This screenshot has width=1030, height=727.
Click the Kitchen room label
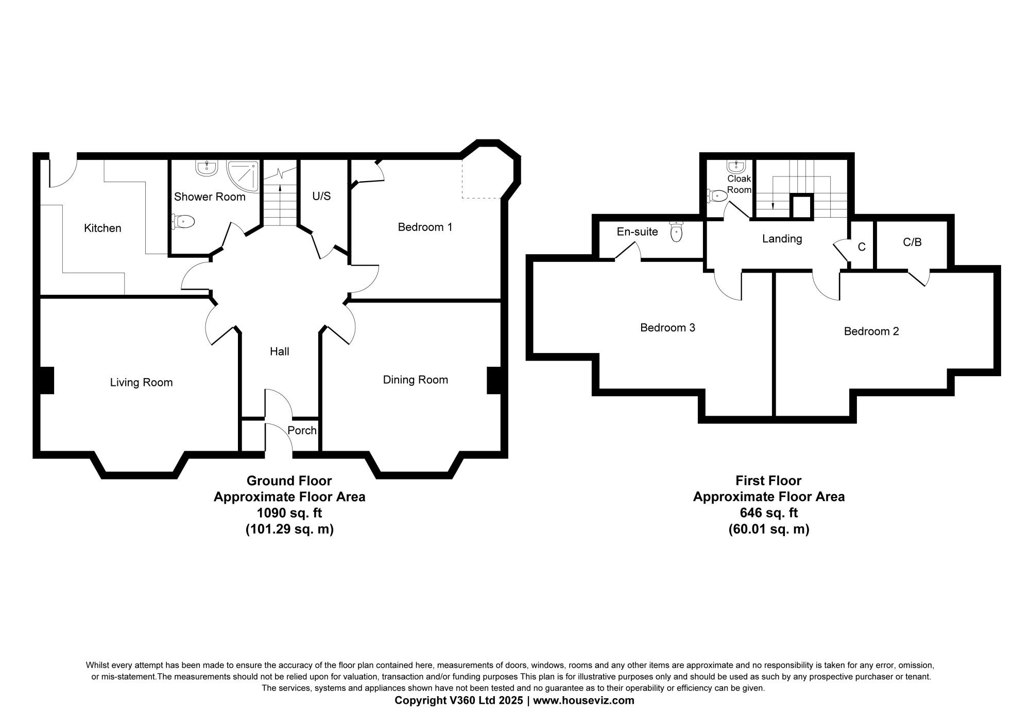click(x=102, y=228)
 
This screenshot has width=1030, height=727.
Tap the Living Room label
click(x=141, y=383)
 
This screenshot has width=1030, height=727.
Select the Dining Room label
click(x=415, y=380)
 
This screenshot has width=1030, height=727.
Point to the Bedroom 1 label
click(x=425, y=227)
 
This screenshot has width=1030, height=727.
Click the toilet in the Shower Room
click(x=183, y=222)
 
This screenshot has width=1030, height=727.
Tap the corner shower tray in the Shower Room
click(x=243, y=176)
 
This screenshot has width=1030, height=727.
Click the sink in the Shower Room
click(x=207, y=168)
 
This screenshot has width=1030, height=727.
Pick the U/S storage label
click(x=321, y=196)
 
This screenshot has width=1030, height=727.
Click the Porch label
click(x=302, y=430)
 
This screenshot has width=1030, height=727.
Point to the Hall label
click(x=280, y=351)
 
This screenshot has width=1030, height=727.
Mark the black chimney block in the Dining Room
click(x=494, y=380)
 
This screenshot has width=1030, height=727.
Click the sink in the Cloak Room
click(x=736, y=166)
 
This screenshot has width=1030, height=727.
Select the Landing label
click(x=782, y=239)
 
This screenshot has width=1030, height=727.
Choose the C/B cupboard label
click(x=912, y=242)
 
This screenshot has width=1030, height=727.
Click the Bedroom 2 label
click(x=871, y=332)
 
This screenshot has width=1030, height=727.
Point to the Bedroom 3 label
click(x=667, y=328)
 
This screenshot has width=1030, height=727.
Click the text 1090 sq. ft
click(x=289, y=513)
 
